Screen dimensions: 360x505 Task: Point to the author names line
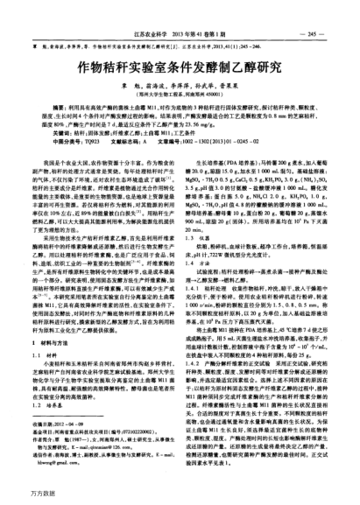[x=180, y=87]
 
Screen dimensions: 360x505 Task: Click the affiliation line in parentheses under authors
[x=180, y=97]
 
